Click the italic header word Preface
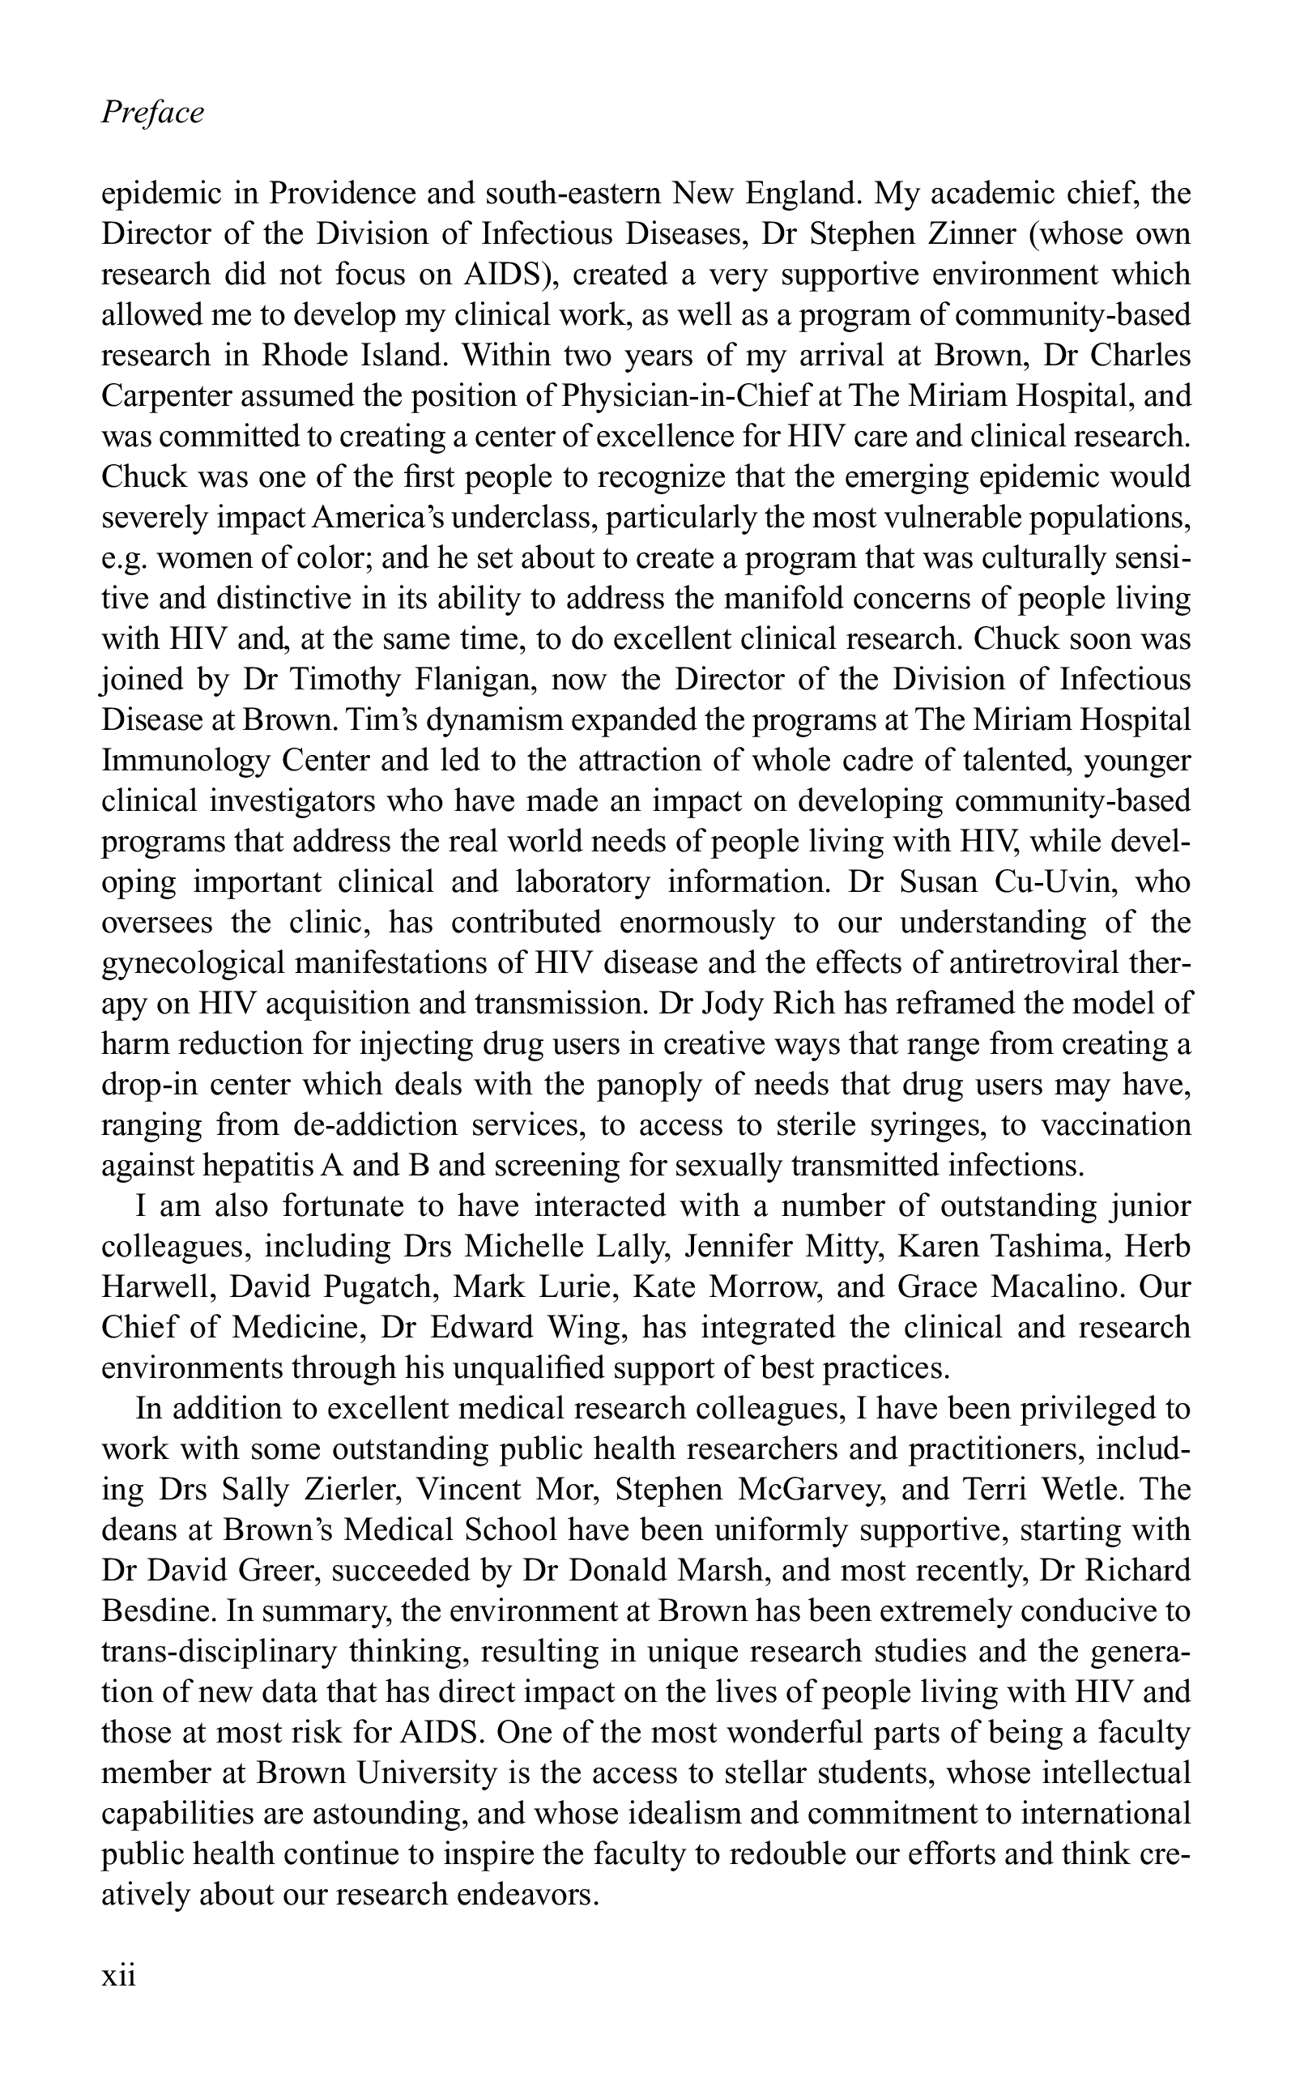pos(153,112)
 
